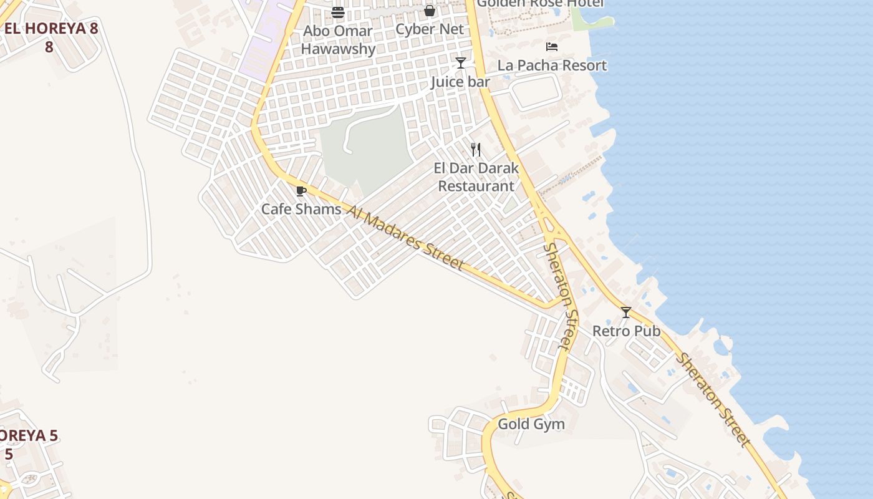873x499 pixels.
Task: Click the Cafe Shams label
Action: tap(301, 209)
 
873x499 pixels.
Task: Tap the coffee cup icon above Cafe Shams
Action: tap(301, 191)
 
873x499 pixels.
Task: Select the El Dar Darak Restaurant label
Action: tap(476, 177)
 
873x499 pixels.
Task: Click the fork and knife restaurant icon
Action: tap(476, 150)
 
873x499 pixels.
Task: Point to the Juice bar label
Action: tap(460, 82)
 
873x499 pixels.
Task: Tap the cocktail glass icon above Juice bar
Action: tap(461, 63)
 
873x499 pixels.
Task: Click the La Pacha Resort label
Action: tap(552, 65)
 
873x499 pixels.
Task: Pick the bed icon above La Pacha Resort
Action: tap(552, 47)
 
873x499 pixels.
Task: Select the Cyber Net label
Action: tap(430, 29)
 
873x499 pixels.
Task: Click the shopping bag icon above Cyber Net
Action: tap(430, 11)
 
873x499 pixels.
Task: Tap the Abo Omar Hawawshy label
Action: tap(338, 40)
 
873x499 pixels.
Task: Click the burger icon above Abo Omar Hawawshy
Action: tap(338, 12)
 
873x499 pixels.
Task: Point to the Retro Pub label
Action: tap(626, 331)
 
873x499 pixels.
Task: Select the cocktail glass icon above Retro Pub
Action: tap(626, 312)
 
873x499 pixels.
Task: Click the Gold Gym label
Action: tap(531, 425)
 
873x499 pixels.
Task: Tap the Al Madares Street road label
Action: tap(405, 238)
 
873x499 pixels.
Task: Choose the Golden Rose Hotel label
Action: tap(541, 4)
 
